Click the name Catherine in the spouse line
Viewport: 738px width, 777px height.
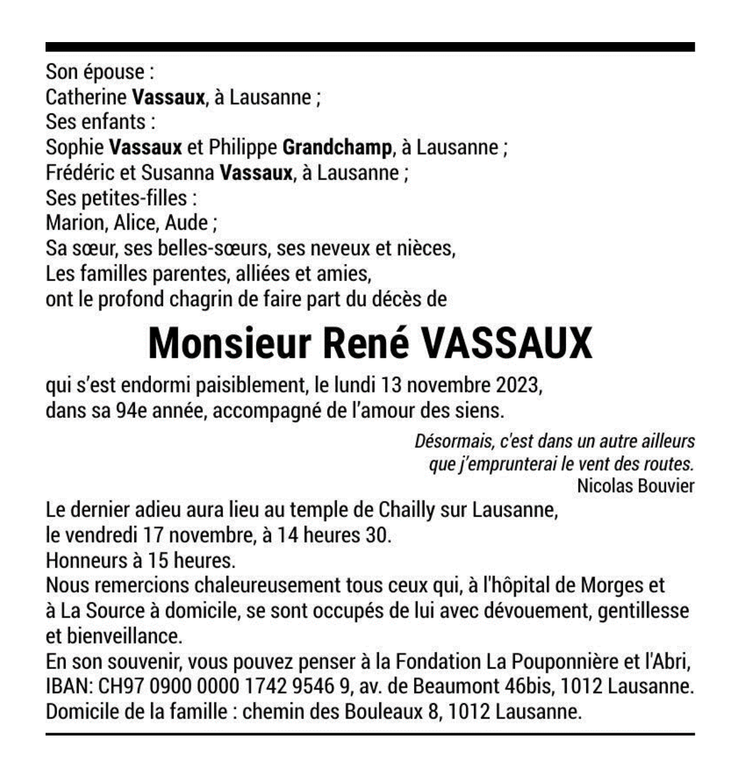tap(86, 97)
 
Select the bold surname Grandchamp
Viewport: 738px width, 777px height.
tap(337, 148)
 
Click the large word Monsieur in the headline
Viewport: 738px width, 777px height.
tap(229, 344)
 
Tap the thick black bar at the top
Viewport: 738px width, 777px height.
tap(370, 47)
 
